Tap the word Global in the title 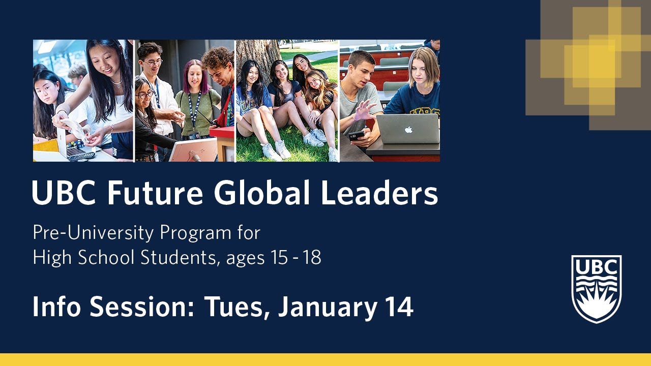click(x=262, y=193)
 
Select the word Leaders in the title click(x=379, y=193)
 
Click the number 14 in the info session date click(x=398, y=307)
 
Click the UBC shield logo click(x=596, y=288)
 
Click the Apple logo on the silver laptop click(x=408, y=130)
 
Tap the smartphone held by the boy click(x=357, y=135)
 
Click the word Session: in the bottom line click(x=158, y=307)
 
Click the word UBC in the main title click(x=65, y=193)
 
